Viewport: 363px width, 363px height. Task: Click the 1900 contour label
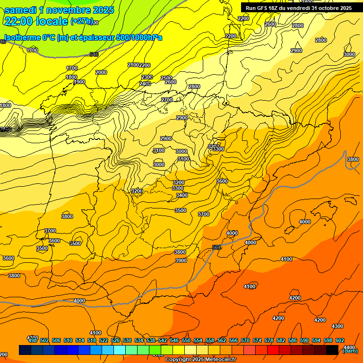(x=79, y=82)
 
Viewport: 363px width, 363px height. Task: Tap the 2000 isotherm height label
(x=101, y=72)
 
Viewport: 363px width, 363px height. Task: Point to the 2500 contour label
(x=166, y=78)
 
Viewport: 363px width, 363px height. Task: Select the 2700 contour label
(x=167, y=100)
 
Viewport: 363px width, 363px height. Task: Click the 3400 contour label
(x=182, y=195)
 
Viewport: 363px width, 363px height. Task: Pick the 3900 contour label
(x=181, y=260)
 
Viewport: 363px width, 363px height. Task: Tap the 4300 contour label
(x=337, y=326)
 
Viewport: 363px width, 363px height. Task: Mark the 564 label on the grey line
(x=217, y=247)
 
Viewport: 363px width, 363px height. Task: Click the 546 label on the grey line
(x=94, y=54)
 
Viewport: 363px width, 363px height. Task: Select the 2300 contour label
(x=147, y=77)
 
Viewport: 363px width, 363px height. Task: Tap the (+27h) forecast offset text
(x=81, y=21)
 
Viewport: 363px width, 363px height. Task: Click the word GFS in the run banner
(x=265, y=8)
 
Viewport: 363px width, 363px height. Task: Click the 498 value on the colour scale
(x=33, y=340)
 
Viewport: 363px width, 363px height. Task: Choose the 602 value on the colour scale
(x=340, y=340)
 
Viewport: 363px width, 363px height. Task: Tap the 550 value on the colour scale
(x=186, y=340)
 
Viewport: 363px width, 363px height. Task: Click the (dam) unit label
(x=350, y=351)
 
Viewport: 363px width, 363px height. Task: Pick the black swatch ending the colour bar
(x=332, y=350)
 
